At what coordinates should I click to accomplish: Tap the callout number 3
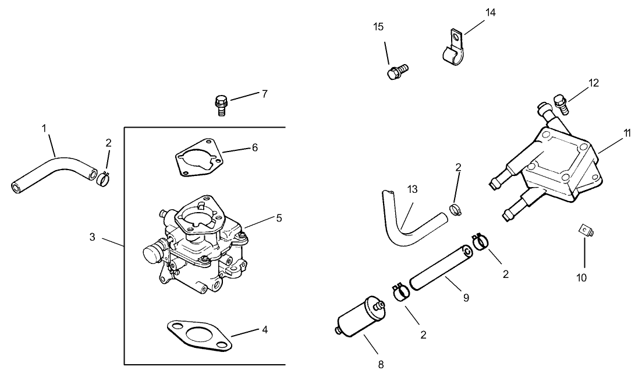93,237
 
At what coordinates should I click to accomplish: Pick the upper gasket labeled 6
198,156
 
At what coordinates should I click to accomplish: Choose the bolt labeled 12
561,103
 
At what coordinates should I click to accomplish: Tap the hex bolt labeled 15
397,71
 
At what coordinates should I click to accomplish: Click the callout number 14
491,12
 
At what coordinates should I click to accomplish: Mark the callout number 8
381,365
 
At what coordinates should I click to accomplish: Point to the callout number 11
627,133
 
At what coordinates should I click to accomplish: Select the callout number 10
582,277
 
